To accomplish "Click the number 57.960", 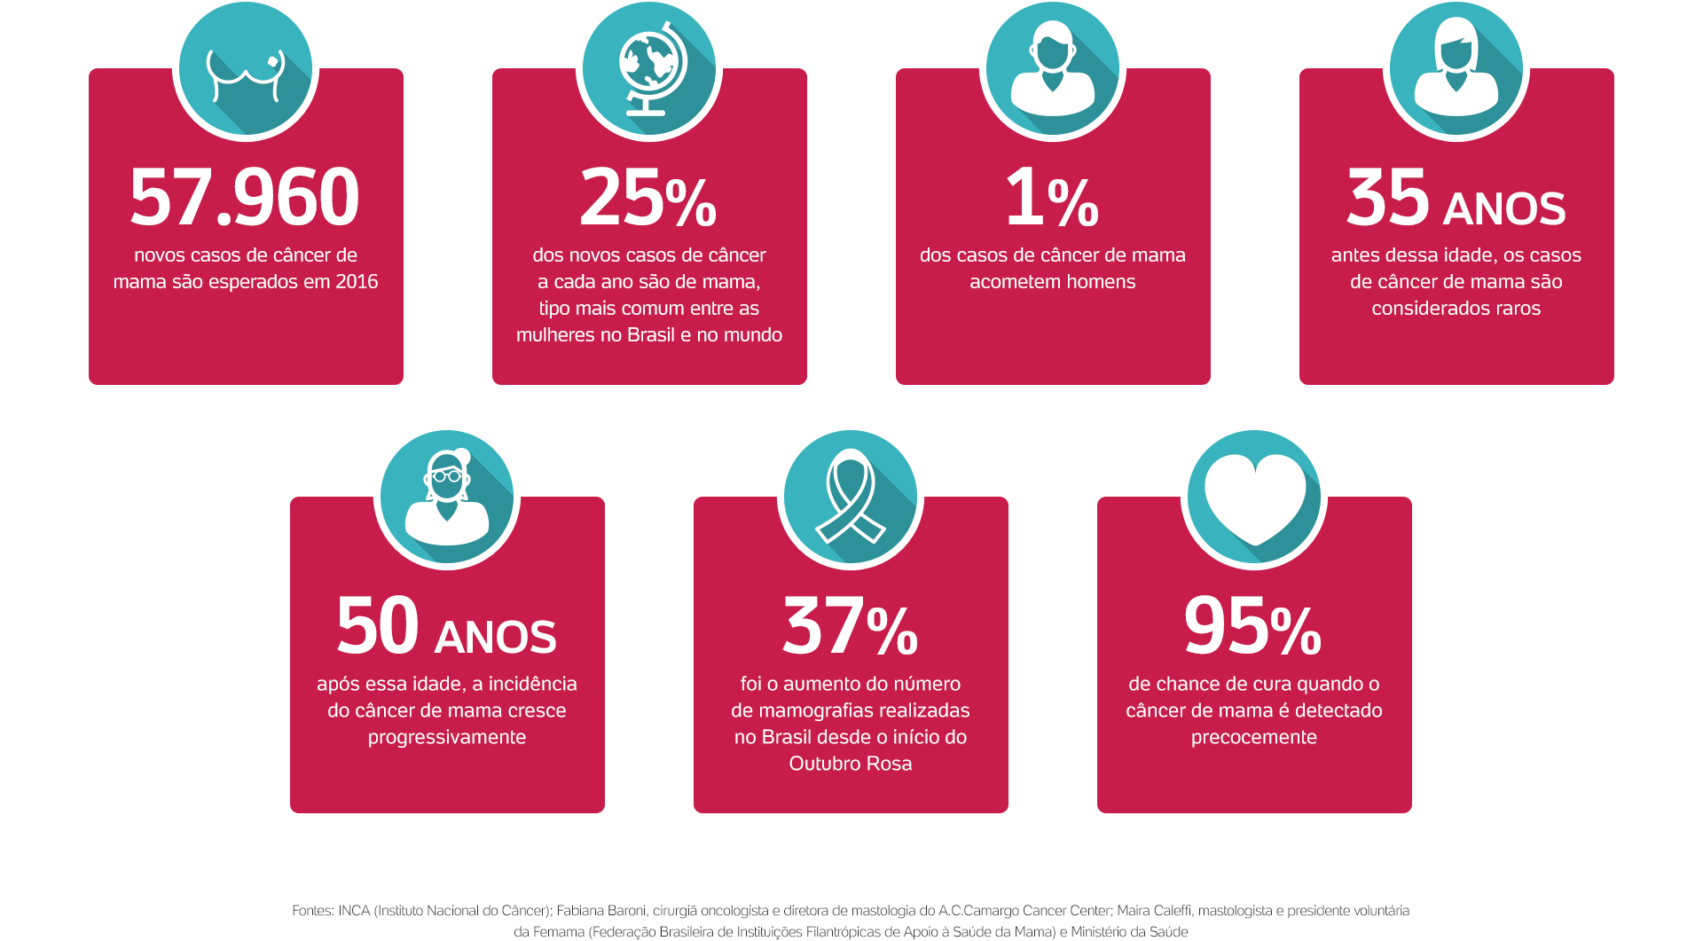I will pos(245,197).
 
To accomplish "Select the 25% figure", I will pos(648,197).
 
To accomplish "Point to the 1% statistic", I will pos(1052,197).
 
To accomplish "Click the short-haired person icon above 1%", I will pos(1053,71).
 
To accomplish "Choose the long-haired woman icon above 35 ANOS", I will pos(1456,71).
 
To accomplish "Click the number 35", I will pos(1388,197).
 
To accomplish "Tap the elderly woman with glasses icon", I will pos(447,498).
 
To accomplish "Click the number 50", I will pos(378,625).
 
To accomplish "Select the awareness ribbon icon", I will pos(851,498).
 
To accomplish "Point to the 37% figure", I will pos(850,625).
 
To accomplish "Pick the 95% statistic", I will pos(1253,625).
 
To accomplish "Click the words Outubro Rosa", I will pos(851,764).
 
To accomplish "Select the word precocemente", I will pos(1254,737).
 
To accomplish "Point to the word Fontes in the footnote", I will pos(311,911).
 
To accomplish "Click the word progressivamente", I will pos(447,737).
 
